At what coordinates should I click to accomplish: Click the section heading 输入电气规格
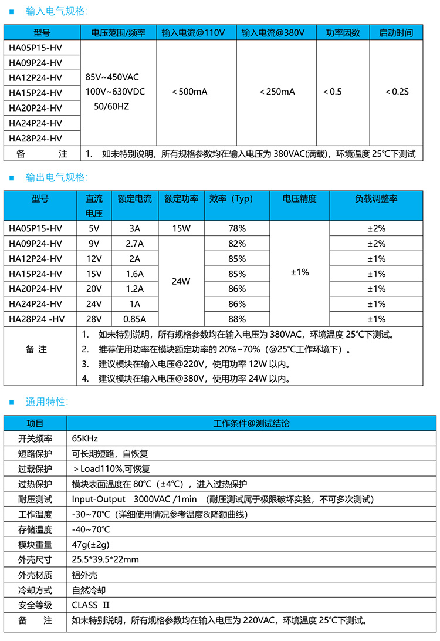56,11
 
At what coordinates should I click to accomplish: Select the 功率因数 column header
343,33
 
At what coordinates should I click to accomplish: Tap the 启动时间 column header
396,33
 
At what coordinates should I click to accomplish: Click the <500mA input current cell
189,92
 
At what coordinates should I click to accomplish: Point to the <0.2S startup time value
397,92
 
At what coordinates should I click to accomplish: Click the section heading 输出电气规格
56,177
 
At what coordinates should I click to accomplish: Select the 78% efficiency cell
237,228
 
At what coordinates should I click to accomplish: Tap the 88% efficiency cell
237,319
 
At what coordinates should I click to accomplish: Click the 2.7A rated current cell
135,244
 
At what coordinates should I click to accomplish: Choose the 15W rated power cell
181,228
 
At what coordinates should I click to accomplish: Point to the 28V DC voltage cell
94,319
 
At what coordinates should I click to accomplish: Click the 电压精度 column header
299,199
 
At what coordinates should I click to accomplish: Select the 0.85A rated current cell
135,319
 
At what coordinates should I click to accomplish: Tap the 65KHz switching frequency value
84,438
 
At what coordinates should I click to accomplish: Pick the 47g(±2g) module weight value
90,544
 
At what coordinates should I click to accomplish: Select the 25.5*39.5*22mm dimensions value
106,559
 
